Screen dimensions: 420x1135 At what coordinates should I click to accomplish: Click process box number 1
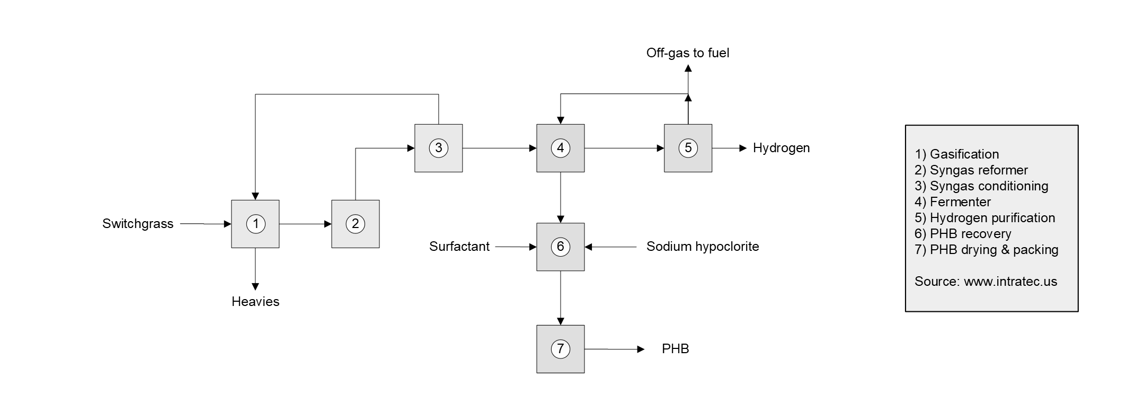click(x=255, y=224)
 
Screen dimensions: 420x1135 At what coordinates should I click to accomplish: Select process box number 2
click(x=355, y=224)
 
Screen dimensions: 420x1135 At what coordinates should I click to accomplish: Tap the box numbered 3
click(x=438, y=148)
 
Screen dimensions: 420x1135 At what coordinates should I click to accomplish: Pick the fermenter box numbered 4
click(x=561, y=148)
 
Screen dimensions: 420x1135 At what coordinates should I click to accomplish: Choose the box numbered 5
click(x=688, y=148)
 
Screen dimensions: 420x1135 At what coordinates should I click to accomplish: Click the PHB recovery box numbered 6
click(x=561, y=247)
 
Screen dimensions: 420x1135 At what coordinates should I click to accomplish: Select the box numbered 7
click(x=561, y=349)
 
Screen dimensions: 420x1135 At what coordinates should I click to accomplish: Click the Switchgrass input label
click(x=138, y=224)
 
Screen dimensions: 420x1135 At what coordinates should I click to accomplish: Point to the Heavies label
click(x=255, y=302)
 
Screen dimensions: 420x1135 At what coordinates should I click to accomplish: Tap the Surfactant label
click(x=459, y=247)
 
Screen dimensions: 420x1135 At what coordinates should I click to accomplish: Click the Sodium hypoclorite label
click(x=703, y=247)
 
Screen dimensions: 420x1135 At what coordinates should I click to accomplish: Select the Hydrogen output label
click(x=781, y=148)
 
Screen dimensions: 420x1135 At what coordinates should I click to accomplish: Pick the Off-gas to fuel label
click(x=688, y=53)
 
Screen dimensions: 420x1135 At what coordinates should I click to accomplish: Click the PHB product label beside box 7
click(x=676, y=349)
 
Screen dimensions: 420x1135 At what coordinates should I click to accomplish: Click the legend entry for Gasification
click(x=957, y=154)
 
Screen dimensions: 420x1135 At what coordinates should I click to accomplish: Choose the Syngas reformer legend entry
click(x=971, y=170)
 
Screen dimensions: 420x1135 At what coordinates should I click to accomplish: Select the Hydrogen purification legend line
click(x=985, y=218)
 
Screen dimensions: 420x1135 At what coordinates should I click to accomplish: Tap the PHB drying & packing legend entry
click(x=987, y=250)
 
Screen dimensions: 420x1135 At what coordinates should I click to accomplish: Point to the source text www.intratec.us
click(x=1010, y=282)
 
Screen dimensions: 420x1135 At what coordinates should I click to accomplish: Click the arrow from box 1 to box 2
click(x=305, y=224)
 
